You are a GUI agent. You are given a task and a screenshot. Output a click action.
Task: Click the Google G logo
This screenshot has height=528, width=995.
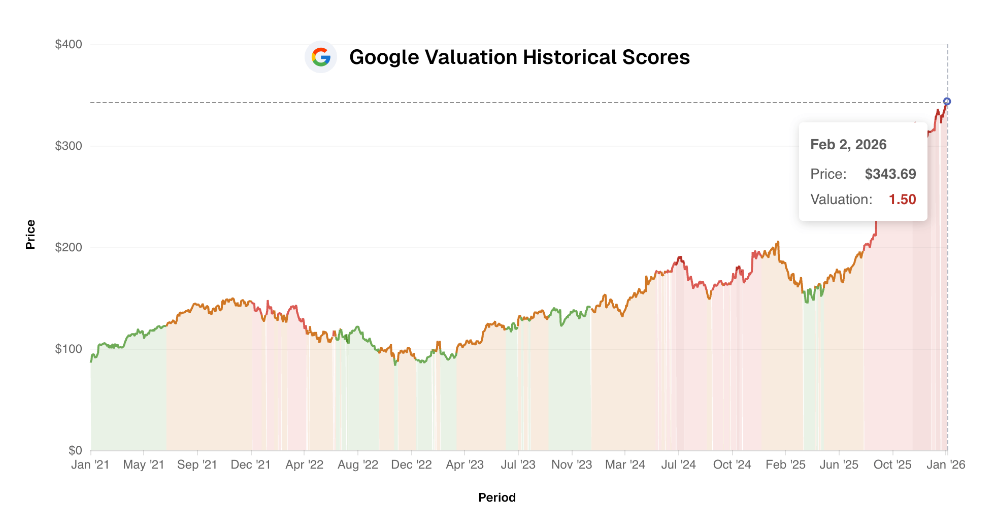(x=321, y=57)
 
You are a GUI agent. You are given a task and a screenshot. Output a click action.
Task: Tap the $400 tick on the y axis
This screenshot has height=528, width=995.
(x=69, y=44)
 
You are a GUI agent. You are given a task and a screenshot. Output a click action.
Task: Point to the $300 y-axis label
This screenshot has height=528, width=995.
(x=69, y=146)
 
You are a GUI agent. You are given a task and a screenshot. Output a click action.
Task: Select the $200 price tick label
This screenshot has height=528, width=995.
(x=69, y=248)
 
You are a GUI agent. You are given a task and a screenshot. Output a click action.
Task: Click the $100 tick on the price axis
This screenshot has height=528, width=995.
(x=69, y=349)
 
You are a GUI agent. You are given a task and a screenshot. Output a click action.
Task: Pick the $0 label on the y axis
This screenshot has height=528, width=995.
(x=75, y=450)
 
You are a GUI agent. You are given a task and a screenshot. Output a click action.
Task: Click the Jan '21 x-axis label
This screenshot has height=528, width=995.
(x=90, y=465)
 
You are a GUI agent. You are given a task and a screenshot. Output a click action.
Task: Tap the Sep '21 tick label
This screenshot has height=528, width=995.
(x=197, y=465)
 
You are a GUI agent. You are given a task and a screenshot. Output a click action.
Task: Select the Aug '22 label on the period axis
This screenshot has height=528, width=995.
(x=358, y=465)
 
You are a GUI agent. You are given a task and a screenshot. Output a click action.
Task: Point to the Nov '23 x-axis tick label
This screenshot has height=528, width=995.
(x=572, y=465)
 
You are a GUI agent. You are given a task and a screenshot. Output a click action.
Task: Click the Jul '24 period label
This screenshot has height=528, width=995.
(x=678, y=465)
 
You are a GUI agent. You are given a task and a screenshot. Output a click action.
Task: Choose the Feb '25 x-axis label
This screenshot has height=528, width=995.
(x=785, y=465)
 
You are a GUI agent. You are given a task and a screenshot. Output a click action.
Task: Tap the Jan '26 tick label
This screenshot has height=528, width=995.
(x=946, y=465)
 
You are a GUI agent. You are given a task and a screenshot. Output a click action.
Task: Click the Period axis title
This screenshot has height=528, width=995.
(x=497, y=498)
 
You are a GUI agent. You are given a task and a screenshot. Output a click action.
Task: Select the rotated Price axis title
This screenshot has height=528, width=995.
(x=30, y=235)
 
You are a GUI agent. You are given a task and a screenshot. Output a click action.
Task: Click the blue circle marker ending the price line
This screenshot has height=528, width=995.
(x=947, y=102)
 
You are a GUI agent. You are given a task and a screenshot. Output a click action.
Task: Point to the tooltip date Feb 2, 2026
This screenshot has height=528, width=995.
(x=848, y=145)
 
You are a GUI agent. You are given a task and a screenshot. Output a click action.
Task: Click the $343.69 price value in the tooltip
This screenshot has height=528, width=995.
(x=890, y=174)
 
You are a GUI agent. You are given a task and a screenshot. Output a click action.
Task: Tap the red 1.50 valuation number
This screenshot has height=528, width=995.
(x=902, y=200)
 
